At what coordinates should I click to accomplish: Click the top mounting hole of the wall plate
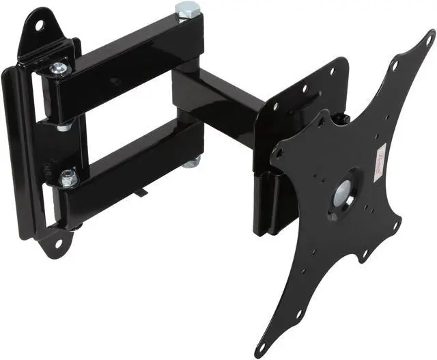point(39,26)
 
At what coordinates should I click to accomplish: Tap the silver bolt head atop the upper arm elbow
point(187,10)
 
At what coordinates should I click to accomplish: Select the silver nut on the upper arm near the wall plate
point(59,68)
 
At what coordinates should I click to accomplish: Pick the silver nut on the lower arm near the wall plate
point(68,177)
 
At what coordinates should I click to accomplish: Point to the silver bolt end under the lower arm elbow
point(193,162)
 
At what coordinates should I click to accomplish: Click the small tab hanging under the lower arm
point(139,194)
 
